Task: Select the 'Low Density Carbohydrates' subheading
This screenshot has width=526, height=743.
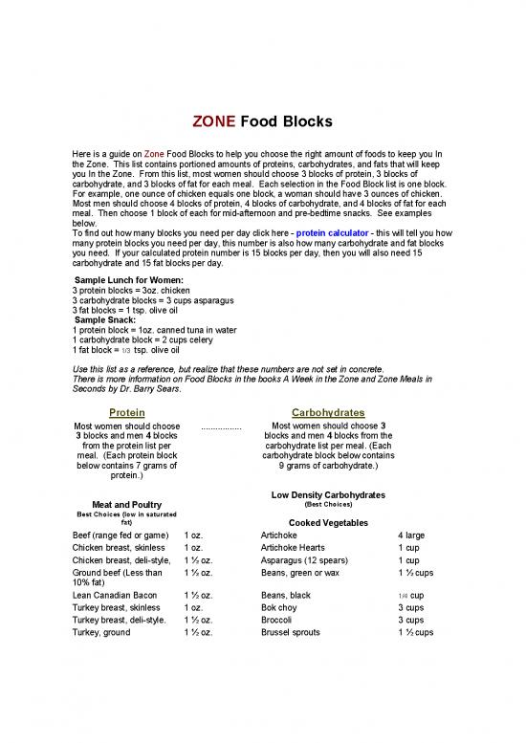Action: pyautogui.click(x=328, y=494)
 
